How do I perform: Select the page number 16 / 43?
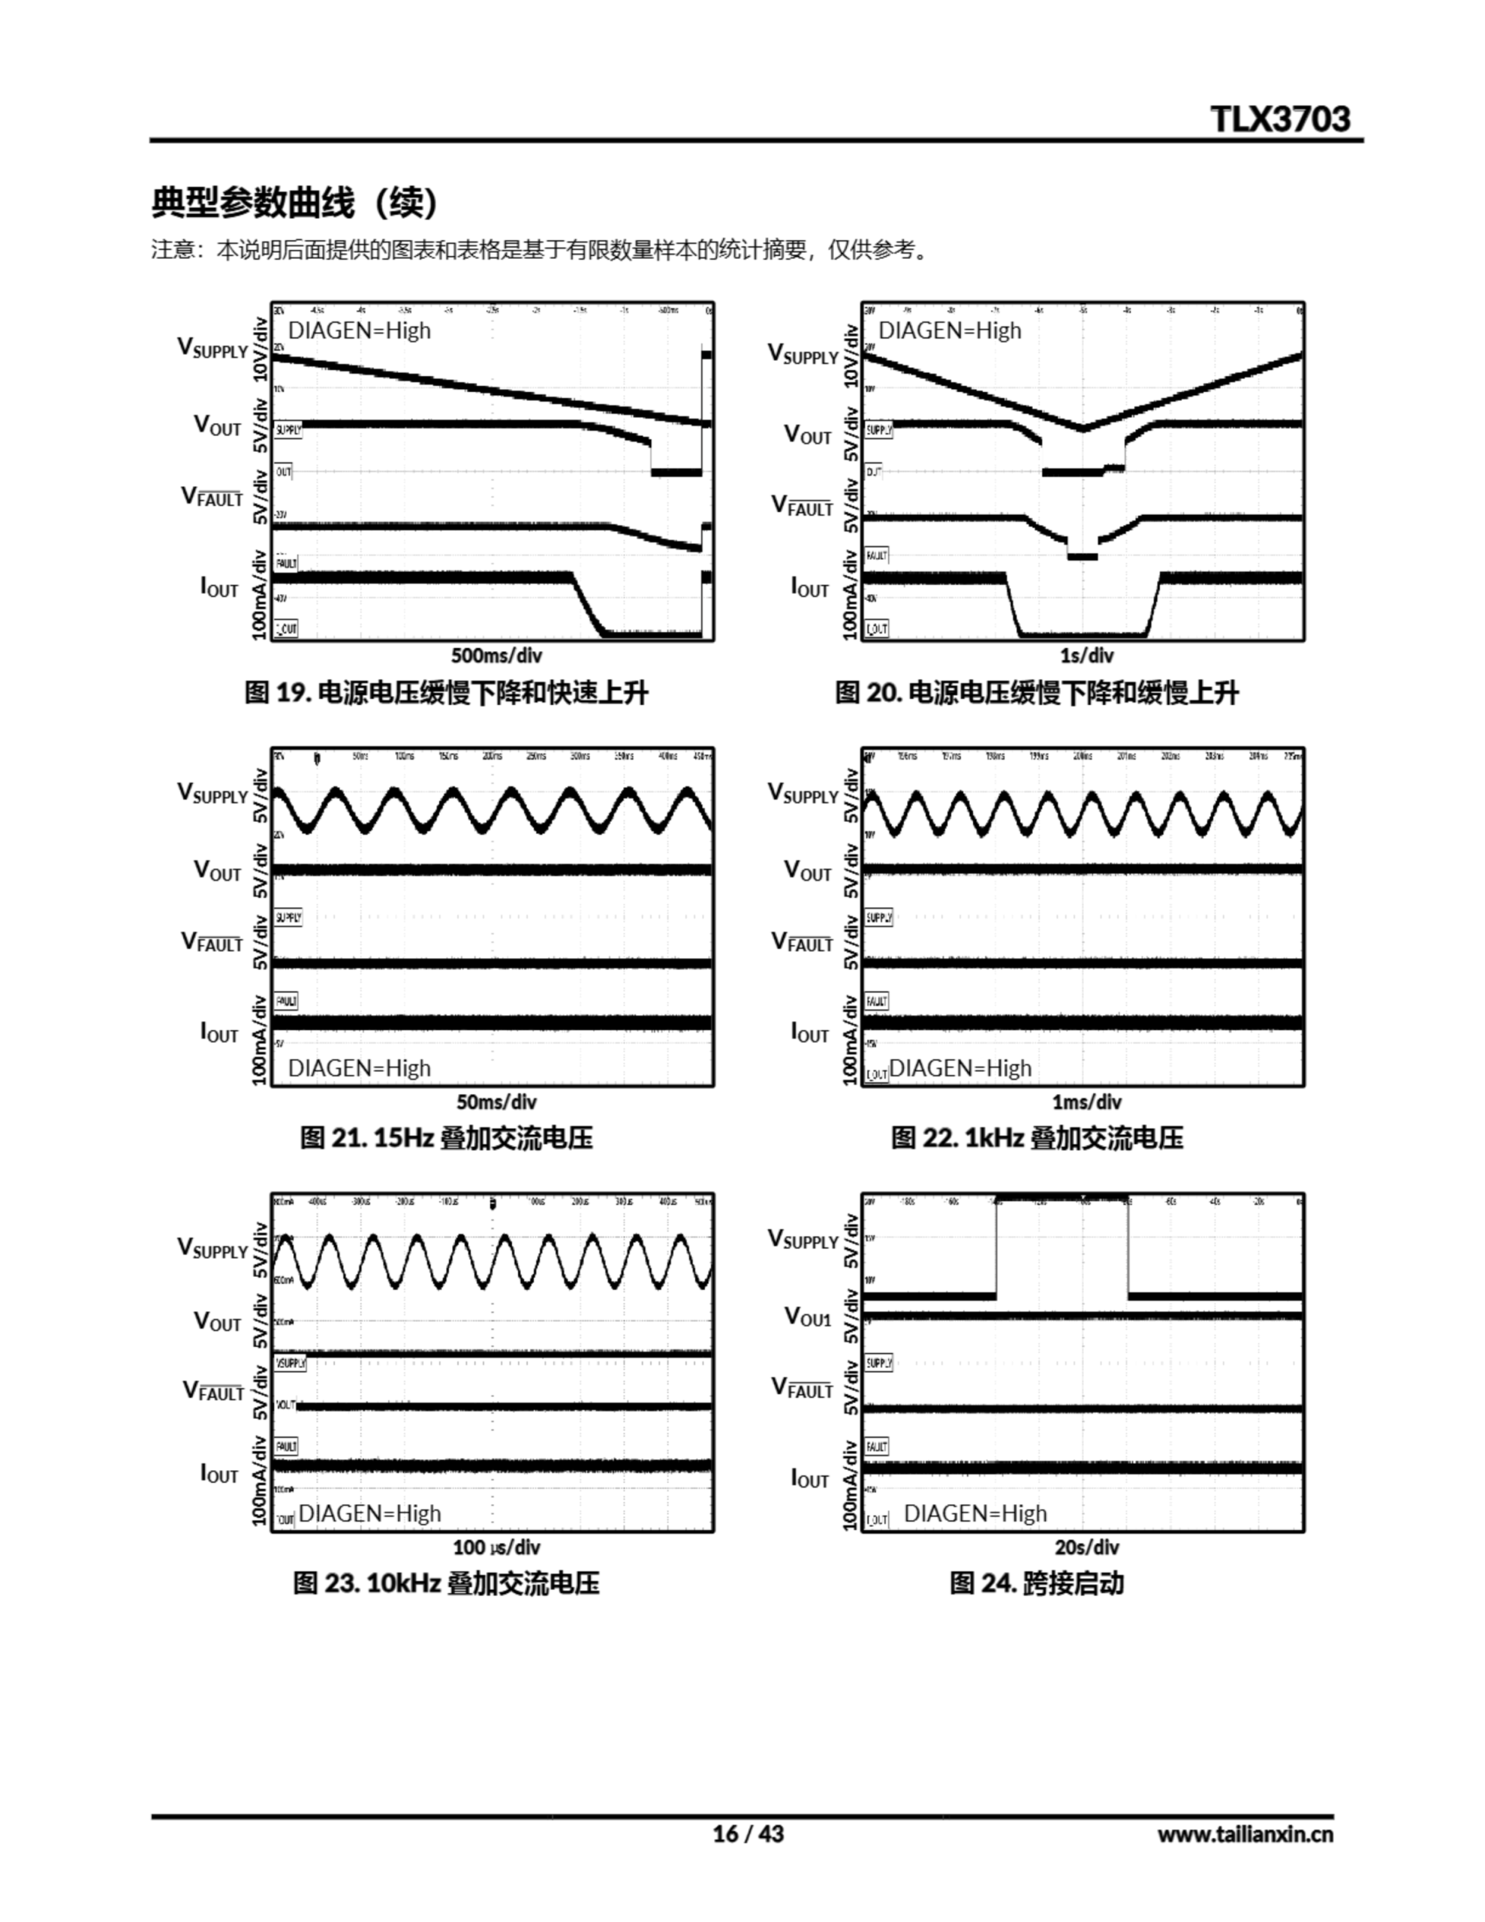tap(747, 1833)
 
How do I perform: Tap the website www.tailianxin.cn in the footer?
tap(1245, 1834)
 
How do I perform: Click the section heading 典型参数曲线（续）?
tap(294, 203)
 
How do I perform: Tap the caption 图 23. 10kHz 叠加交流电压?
tap(446, 1583)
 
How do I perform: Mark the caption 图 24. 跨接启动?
tap(1036, 1583)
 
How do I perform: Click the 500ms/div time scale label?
tap(496, 655)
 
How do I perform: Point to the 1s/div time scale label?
tap(1086, 655)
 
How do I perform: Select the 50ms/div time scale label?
tap(496, 1101)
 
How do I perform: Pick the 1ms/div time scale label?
tap(1086, 1101)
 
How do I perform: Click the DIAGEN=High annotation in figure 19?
tap(359, 331)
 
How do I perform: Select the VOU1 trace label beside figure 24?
tap(807, 1318)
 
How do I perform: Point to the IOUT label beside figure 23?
tap(218, 1473)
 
